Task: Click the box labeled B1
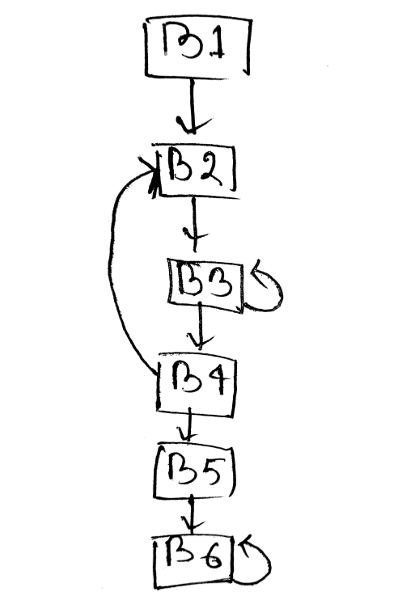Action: [197, 47]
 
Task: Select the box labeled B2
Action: [196, 171]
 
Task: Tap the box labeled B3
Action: [205, 285]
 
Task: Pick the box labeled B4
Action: [196, 386]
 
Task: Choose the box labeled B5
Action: [194, 471]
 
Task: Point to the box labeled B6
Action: [193, 563]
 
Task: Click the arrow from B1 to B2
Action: [193, 106]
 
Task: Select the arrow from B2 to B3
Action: [195, 224]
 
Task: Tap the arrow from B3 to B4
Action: [200, 325]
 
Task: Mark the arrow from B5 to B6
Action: [192, 514]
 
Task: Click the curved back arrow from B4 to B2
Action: [110, 268]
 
